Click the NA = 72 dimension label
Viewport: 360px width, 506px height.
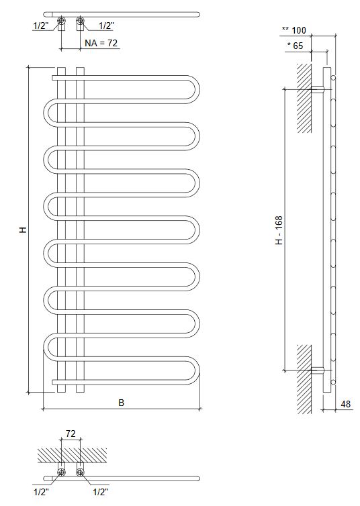pyautogui.click(x=101, y=44)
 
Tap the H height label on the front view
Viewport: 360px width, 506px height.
pyautogui.click(x=22, y=230)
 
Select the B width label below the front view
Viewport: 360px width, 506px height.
pyautogui.click(x=121, y=403)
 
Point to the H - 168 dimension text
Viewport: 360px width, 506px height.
pyautogui.click(x=279, y=230)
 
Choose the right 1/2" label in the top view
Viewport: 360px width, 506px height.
pyautogui.click(x=106, y=26)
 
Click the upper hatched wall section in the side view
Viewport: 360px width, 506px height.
pyautogui.click(x=304, y=97)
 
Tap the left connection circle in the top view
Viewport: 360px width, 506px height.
pyautogui.click(x=61, y=20)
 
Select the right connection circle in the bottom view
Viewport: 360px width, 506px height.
pyautogui.click(x=81, y=472)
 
